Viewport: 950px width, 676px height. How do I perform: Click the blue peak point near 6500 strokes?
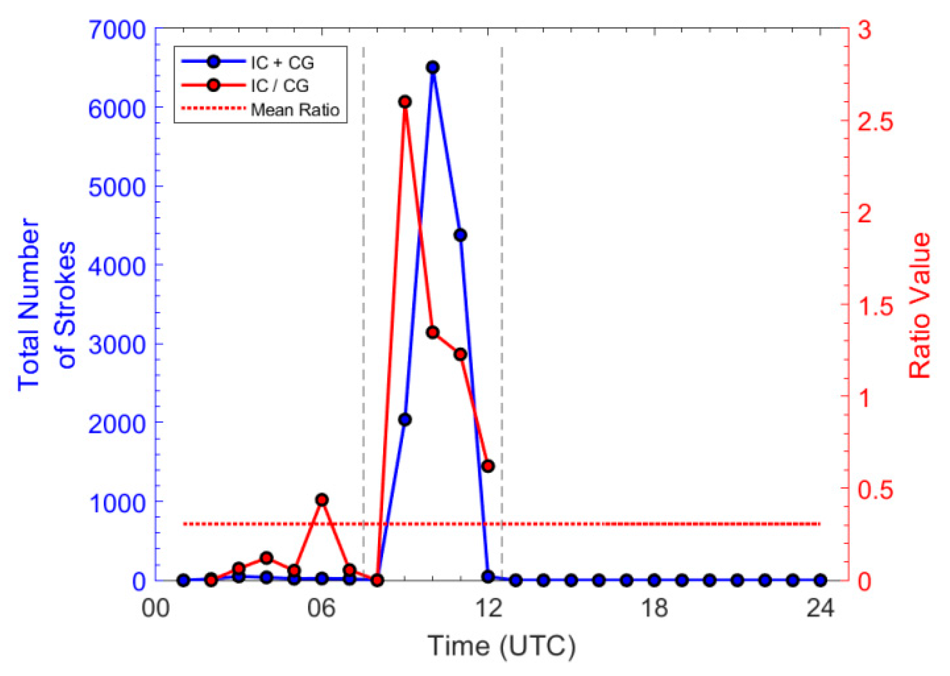click(x=432, y=67)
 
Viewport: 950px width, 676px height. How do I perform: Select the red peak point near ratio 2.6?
click(x=405, y=102)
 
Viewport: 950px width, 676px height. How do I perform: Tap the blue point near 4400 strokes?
click(x=460, y=235)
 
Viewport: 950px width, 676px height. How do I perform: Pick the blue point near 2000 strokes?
click(x=405, y=420)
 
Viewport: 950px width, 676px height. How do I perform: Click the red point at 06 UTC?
click(x=322, y=500)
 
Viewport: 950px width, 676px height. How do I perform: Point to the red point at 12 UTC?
click(x=488, y=466)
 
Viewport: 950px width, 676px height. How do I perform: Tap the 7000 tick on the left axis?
click(x=117, y=30)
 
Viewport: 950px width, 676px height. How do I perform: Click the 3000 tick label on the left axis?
click(x=117, y=345)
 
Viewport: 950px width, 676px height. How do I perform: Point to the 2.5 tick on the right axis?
click(x=875, y=121)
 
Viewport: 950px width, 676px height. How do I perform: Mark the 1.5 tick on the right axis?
click(x=875, y=305)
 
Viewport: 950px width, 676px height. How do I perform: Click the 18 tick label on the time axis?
click(x=654, y=608)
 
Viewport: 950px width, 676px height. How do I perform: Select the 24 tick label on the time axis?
click(x=820, y=608)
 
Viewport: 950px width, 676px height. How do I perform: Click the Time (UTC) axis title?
click(x=502, y=646)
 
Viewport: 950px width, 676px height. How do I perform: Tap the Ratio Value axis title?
click(x=919, y=305)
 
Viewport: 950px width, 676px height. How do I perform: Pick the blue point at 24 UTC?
click(x=820, y=580)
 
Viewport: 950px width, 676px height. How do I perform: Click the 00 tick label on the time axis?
click(x=156, y=608)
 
